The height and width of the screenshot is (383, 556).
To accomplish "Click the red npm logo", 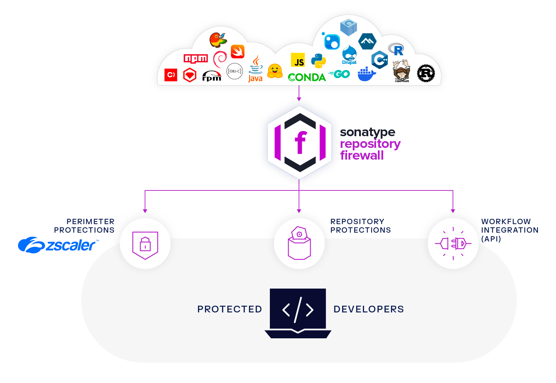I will tap(195, 59).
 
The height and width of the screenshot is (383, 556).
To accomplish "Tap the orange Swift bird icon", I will tap(238, 52).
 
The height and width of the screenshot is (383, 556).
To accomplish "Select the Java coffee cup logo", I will tap(255, 69).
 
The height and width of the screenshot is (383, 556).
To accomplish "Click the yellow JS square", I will tap(298, 60).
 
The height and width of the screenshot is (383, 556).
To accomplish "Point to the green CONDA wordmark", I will tap(307, 77).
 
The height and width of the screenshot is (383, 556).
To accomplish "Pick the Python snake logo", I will tap(318, 61).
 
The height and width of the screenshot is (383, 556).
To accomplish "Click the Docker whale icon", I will tap(366, 74).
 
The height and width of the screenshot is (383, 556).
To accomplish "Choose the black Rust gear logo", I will tap(426, 73).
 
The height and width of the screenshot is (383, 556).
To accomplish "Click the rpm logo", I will tap(212, 76).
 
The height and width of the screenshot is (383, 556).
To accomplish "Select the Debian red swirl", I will tap(220, 59).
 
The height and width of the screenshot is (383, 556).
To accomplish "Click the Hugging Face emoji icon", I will tap(275, 71).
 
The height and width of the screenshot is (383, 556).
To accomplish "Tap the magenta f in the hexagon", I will tap(300, 142).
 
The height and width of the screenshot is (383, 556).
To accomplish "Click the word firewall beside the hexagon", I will tap(362, 155).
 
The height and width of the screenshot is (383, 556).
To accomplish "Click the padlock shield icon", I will tap(145, 245).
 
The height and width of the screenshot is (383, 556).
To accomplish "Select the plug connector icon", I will tap(453, 244).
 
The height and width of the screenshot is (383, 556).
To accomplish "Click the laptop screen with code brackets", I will tap(298, 309).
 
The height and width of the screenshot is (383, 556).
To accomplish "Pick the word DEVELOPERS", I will tap(368, 309).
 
